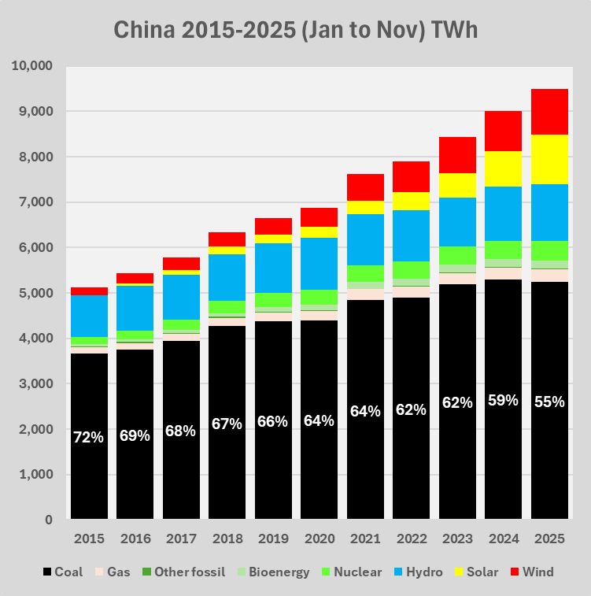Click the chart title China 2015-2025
[295, 31]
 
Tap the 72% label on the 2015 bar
[89, 437]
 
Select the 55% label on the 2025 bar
[549, 402]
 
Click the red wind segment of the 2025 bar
[549, 112]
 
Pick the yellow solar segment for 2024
[503, 168]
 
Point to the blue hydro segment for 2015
[89, 316]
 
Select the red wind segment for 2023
[457, 155]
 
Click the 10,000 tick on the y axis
[31, 66]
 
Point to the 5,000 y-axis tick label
[35, 294]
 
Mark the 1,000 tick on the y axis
[35, 475]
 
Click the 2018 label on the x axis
[227, 539]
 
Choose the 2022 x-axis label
[411, 539]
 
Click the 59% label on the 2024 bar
[503, 400]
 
